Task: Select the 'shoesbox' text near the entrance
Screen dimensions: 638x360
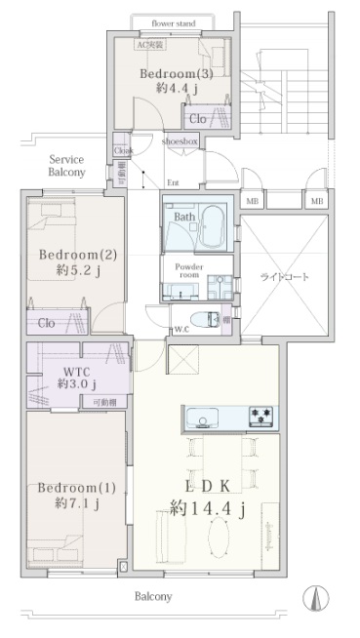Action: [x=180, y=141]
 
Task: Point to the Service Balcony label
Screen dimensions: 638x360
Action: [x=67, y=165]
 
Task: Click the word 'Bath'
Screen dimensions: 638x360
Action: [x=183, y=218]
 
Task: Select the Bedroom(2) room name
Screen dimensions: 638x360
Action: [x=78, y=255]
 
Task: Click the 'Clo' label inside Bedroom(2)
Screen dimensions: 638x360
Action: [x=46, y=323]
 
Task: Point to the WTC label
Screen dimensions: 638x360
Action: [x=76, y=372]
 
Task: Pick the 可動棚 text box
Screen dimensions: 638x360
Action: [x=104, y=402]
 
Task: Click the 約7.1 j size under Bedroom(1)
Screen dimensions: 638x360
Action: [x=76, y=503]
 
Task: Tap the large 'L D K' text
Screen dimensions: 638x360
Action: [x=209, y=486]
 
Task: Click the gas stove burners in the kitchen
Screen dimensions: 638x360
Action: [x=260, y=417]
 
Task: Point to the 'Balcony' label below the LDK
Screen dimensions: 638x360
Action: [x=152, y=596]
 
